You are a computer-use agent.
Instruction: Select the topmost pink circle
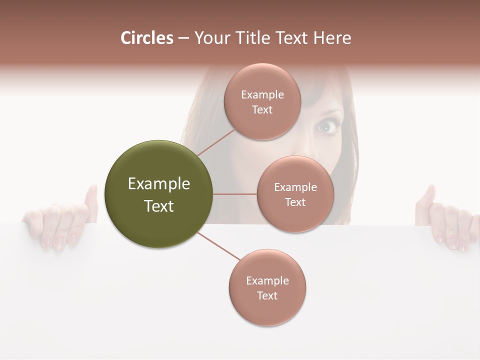coord(262,101)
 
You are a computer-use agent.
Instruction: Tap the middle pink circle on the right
coord(295,194)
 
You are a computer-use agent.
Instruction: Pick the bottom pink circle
coord(267,287)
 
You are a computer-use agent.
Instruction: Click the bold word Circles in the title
coord(147,38)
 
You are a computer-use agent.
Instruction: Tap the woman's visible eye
coord(327,127)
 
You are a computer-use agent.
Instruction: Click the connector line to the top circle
coord(216,143)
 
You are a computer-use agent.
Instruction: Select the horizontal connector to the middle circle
coord(235,194)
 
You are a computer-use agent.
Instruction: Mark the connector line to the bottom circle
coord(218,246)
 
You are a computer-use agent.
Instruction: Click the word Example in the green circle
coord(159,183)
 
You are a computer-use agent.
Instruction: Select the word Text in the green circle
coord(159,205)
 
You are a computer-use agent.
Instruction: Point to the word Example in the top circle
coord(262,94)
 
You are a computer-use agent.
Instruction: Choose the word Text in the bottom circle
coord(267,295)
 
